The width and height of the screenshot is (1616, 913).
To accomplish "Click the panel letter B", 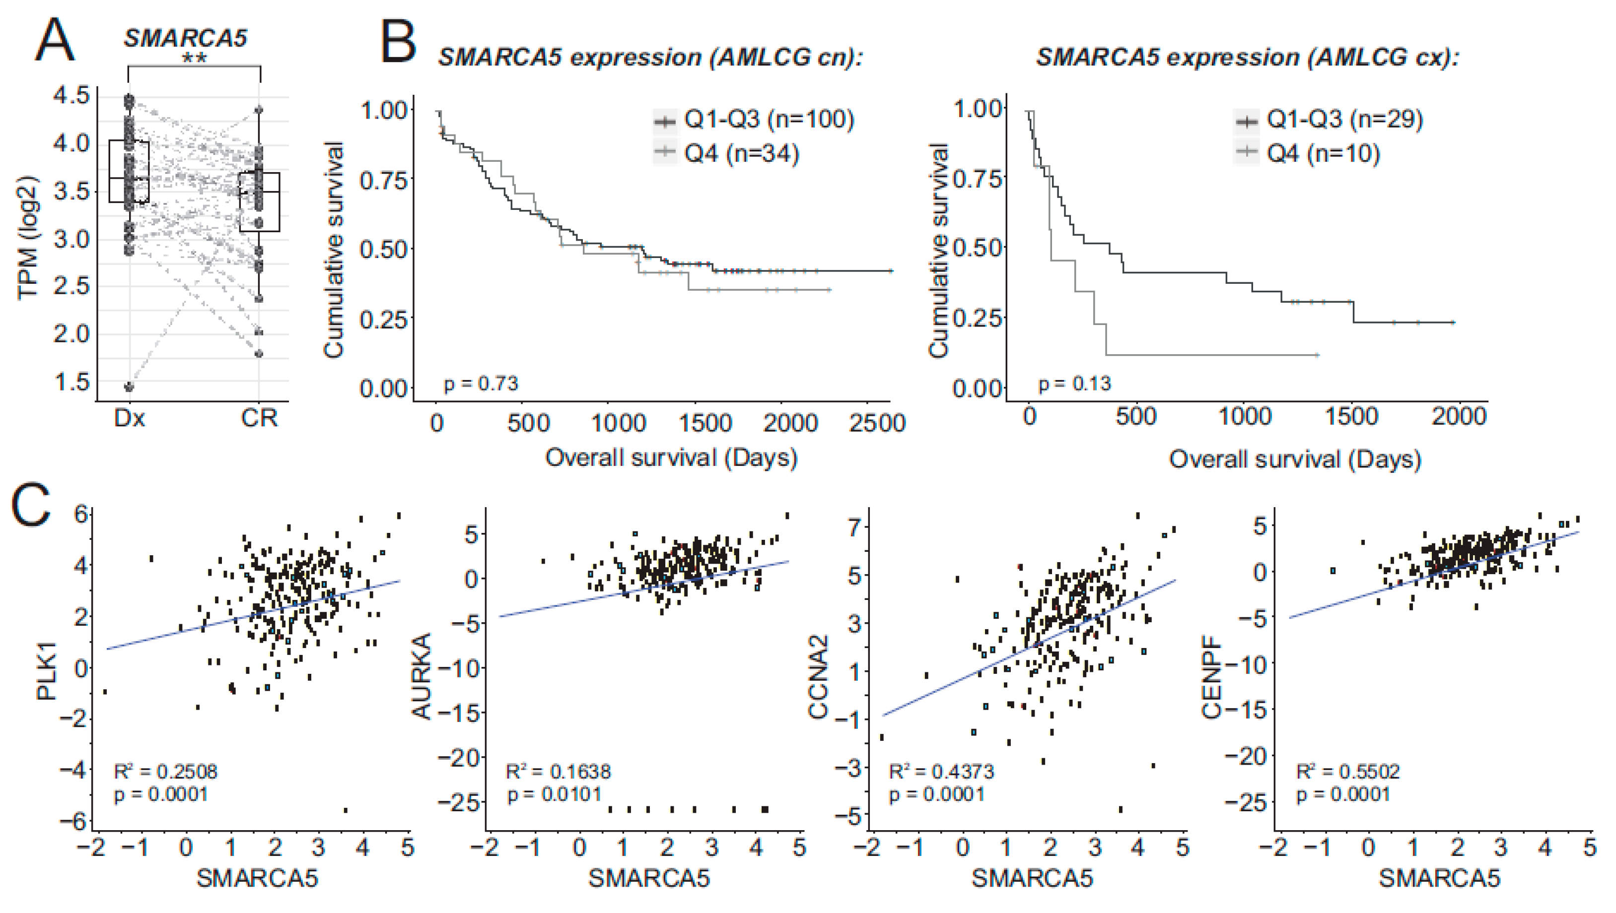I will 398,41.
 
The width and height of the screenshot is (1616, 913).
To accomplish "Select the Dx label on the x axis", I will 129,418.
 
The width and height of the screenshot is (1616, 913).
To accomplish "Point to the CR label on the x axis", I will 259,418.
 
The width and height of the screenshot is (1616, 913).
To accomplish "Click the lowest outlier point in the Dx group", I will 129,387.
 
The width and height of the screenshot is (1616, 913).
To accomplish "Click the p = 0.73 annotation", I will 481,383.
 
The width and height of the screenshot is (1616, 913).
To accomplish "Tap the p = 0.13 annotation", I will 1075,383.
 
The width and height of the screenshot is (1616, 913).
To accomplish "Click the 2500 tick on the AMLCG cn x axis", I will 877,423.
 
